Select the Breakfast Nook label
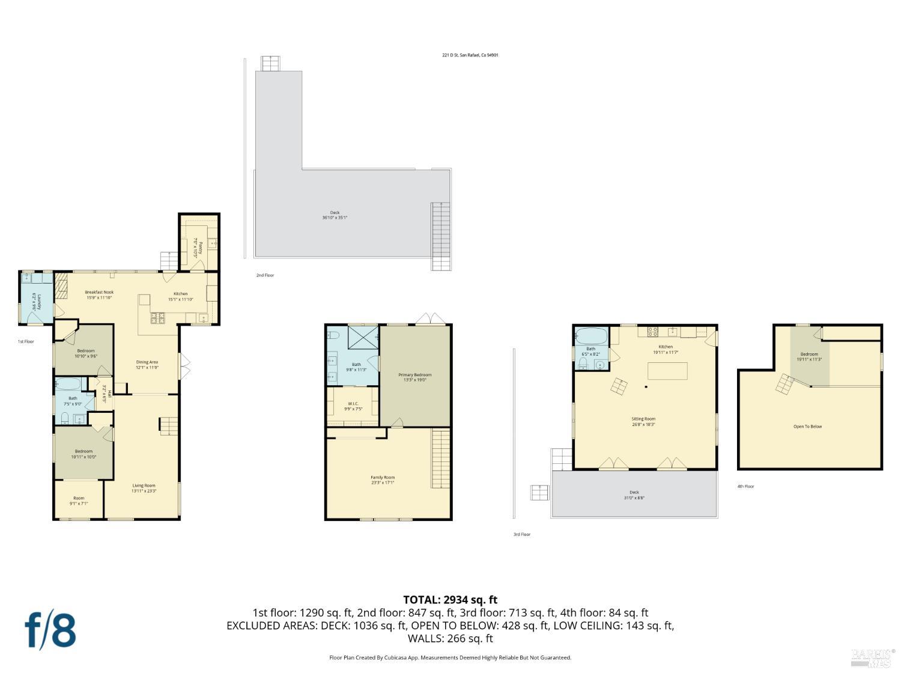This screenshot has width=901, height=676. click(99, 293)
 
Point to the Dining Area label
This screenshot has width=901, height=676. click(147, 362)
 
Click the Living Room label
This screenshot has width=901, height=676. click(144, 486)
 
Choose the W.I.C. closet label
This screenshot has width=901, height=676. click(353, 404)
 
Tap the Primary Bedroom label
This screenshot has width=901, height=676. click(414, 375)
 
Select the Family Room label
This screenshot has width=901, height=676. click(383, 478)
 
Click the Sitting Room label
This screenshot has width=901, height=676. click(643, 419)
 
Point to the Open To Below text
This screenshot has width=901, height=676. click(808, 427)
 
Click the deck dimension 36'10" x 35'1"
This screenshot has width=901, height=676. click(335, 218)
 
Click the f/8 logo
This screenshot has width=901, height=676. click(50, 630)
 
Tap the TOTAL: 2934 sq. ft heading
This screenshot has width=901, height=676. click(450, 600)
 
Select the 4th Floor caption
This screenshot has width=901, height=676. click(745, 487)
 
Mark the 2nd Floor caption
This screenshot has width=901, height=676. click(265, 275)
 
